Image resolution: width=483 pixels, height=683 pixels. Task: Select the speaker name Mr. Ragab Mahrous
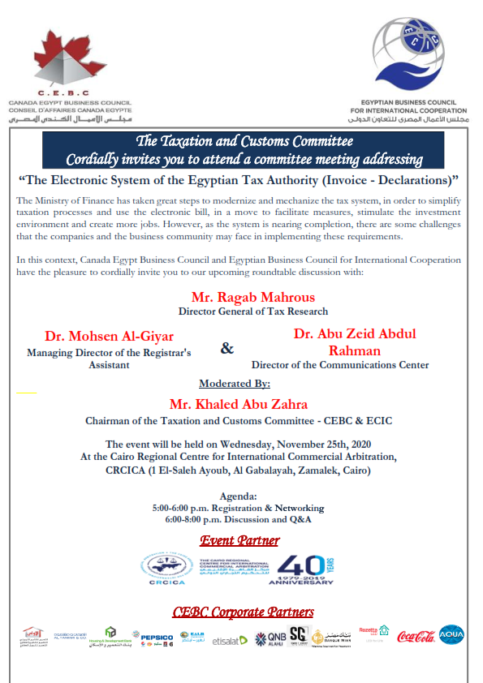pyautogui.click(x=252, y=297)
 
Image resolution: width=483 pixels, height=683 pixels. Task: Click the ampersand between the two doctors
pyautogui.click(x=227, y=348)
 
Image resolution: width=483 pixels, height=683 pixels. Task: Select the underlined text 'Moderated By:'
pyautogui.click(x=235, y=384)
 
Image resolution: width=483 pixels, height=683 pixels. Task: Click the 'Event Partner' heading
pyautogui.click(x=239, y=540)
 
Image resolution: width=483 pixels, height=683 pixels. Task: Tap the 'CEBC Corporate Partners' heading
pyautogui.click(x=243, y=612)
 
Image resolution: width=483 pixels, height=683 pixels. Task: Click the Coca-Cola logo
pyautogui.click(x=416, y=637)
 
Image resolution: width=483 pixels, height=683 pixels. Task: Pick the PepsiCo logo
pyautogui.click(x=157, y=638)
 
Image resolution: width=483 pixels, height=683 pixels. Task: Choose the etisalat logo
pyautogui.click(x=230, y=640)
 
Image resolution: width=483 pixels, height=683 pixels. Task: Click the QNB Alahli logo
pyautogui.click(x=272, y=638)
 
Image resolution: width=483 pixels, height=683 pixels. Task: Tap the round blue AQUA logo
pyautogui.click(x=451, y=634)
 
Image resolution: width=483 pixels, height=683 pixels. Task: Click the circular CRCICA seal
pyautogui.click(x=167, y=568)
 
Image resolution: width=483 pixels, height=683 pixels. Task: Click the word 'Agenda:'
pyautogui.click(x=239, y=496)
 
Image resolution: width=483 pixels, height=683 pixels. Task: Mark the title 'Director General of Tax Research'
pyautogui.click(x=253, y=311)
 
